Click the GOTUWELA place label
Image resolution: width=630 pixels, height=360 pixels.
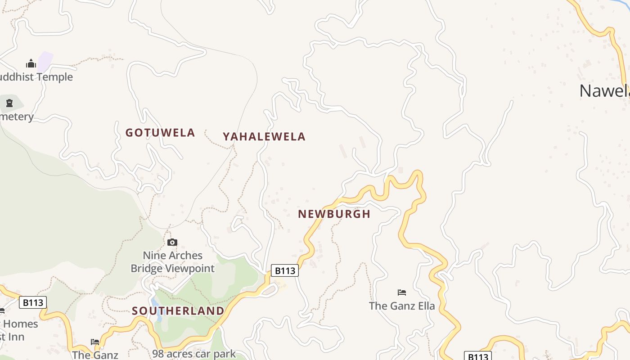[x=160, y=133]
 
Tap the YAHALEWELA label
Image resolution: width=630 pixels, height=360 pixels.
[x=264, y=137]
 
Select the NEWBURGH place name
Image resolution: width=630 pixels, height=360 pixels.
[x=334, y=214]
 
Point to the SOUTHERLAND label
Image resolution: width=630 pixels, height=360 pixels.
[x=178, y=311]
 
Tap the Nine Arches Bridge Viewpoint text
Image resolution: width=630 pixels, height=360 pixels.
[x=173, y=262]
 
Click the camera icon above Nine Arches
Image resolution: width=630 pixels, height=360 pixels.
[x=172, y=243]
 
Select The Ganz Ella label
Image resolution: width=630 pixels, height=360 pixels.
[x=402, y=306]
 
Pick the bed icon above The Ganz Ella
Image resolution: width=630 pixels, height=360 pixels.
[x=402, y=292]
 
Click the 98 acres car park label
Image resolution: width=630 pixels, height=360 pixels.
[x=193, y=354]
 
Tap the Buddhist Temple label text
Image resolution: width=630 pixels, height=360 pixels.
[x=36, y=77]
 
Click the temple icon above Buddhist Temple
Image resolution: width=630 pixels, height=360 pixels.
[x=31, y=63]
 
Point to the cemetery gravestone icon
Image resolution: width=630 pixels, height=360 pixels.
[x=9, y=103]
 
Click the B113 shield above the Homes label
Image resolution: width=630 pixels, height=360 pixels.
[x=33, y=302]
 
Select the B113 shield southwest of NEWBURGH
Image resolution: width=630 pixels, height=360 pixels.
[x=285, y=270]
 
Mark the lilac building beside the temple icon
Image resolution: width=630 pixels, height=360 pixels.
[x=45, y=61]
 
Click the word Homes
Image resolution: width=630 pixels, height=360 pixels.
[x=21, y=324]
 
